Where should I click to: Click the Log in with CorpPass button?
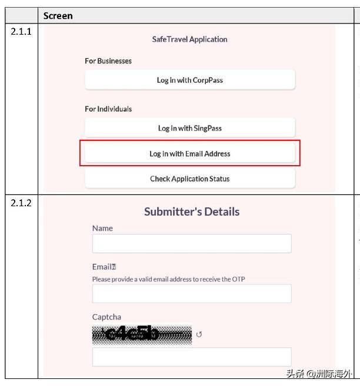[189, 80]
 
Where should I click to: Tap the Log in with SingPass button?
[189, 128]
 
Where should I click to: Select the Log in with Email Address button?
[189, 154]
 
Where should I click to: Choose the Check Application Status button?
[189, 179]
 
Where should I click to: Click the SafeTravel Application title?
[189, 39]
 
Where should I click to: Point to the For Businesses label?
[108, 61]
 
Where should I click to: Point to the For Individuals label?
[108, 109]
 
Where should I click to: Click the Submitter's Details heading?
[192, 212]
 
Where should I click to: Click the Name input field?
[192, 244]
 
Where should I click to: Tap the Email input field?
[192, 294]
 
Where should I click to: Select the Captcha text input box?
[192, 357]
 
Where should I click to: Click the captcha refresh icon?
[199, 335]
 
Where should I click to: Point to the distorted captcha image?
[142, 334]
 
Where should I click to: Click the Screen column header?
[58, 16]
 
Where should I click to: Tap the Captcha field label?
[106, 317]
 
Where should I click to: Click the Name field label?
[102, 228]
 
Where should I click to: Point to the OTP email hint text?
[168, 279]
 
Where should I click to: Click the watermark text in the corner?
[321, 374]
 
